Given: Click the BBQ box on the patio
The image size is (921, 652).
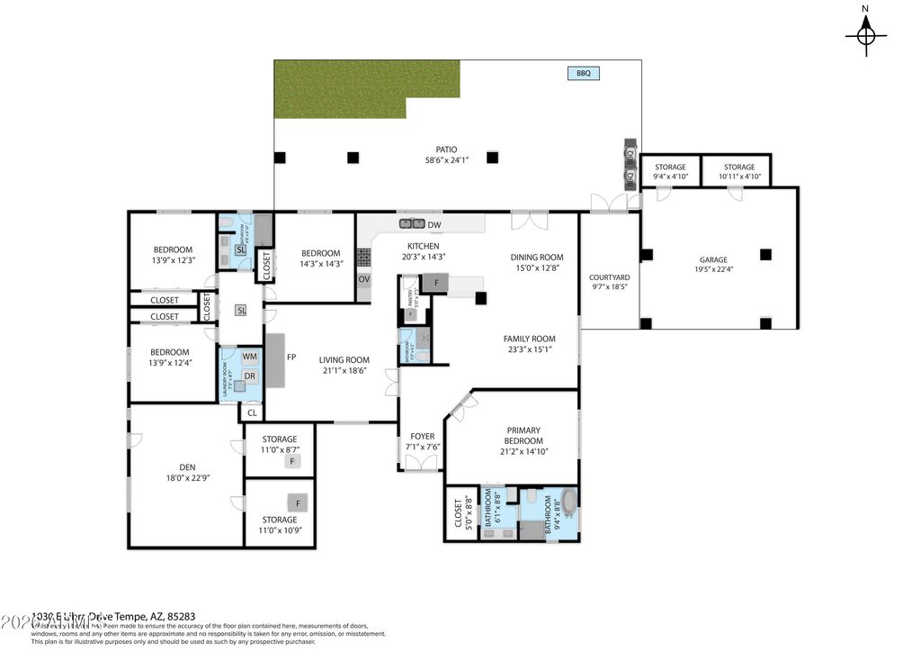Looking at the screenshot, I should point(583,74).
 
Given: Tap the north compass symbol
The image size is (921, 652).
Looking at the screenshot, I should point(865,35).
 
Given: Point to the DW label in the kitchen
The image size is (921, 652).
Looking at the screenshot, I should point(434,225).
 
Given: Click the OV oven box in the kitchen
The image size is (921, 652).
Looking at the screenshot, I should point(364,279).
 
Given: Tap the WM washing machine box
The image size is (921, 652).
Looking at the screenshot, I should point(249,358).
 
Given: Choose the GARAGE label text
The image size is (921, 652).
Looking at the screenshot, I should point(713,260).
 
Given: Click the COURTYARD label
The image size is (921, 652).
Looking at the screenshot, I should point(609,278).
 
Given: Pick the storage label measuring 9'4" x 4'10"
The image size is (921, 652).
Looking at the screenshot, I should point(670,168).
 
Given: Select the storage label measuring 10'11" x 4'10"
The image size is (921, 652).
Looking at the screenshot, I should point(739,168).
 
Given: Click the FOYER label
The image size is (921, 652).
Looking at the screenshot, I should point(422,437).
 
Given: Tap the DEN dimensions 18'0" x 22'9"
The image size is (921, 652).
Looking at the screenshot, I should point(187,478).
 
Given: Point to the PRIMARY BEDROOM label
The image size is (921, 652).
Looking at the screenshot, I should point(523,435).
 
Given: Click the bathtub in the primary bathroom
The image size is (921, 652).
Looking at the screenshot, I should point(568,501).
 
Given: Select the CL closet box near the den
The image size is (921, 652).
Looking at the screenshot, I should point(252,413).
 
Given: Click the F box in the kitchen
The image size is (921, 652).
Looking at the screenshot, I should point(435,283).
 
